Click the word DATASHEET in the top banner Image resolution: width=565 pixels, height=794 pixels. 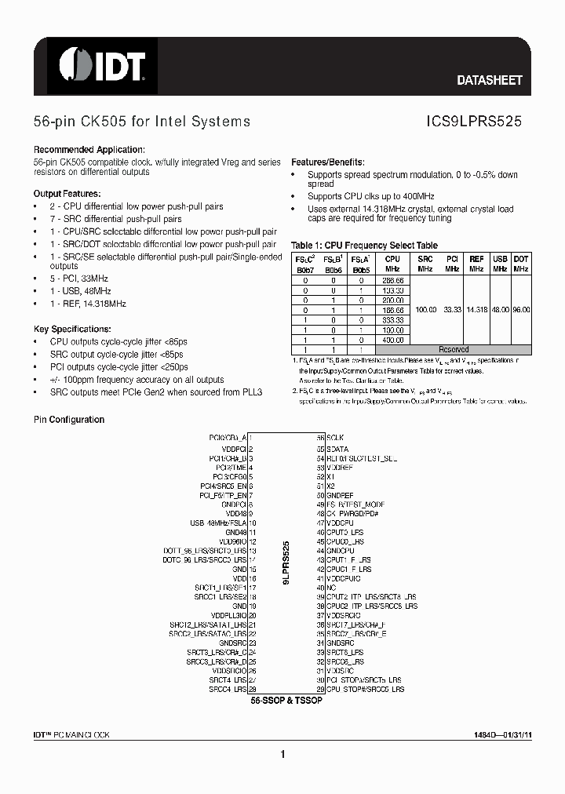[489, 80]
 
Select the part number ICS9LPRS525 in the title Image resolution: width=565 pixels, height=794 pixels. [474, 122]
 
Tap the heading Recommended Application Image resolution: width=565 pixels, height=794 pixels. [89, 150]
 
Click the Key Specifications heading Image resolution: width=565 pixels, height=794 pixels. [72, 329]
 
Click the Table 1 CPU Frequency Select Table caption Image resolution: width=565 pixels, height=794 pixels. [364, 245]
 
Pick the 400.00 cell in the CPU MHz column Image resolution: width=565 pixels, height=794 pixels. [392, 340]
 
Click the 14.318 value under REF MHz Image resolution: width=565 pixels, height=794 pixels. [476, 309]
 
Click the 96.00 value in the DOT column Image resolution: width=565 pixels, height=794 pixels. [521, 309]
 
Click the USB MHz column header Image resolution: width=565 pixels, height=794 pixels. [500, 263]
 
